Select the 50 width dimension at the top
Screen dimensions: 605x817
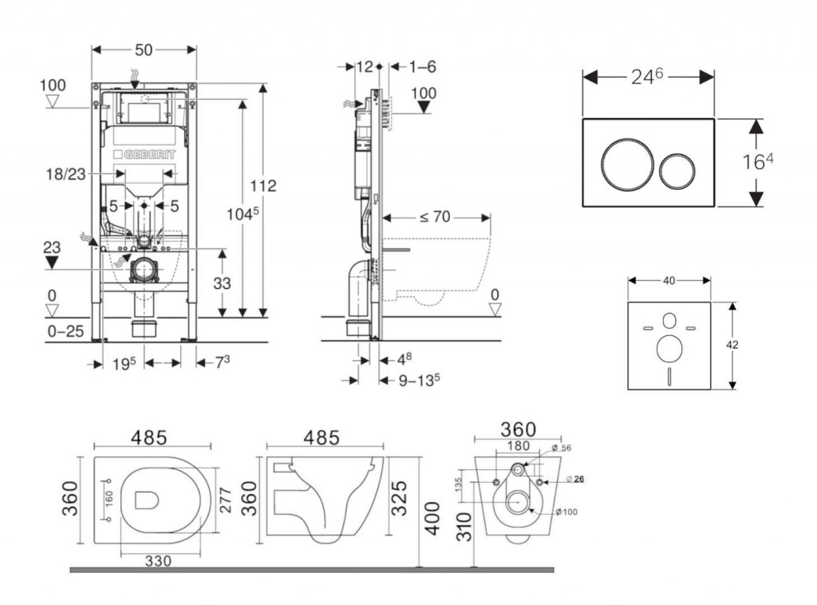[x=144, y=49]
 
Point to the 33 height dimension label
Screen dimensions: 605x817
[x=223, y=283]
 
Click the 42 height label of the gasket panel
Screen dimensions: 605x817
[x=732, y=345]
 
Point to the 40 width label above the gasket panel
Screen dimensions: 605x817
[x=669, y=280]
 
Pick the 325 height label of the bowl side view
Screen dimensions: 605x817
[x=401, y=498]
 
